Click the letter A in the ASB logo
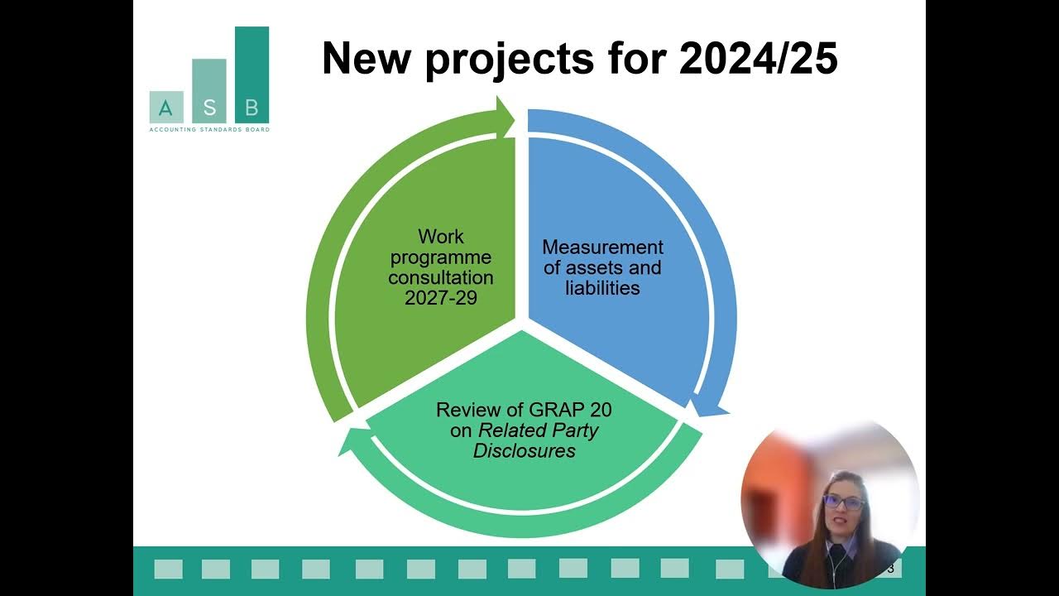pos(165,108)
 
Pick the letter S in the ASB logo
pos(208,108)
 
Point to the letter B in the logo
pos(252,108)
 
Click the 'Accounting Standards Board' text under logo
pos(208,129)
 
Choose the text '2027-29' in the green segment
pos(441,298)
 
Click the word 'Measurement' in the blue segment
pos(602,248)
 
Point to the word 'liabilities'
pos(602,288)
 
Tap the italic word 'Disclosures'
pos(525,451)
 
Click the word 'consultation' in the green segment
pos(441,278)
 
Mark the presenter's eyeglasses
pos(844,502)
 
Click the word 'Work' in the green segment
pos(441,238)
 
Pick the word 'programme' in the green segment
pos(441,257)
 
